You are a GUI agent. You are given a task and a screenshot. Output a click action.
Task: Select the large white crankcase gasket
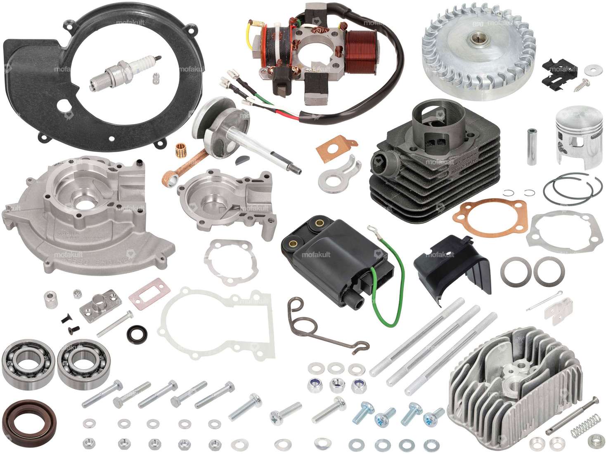point(219,326)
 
